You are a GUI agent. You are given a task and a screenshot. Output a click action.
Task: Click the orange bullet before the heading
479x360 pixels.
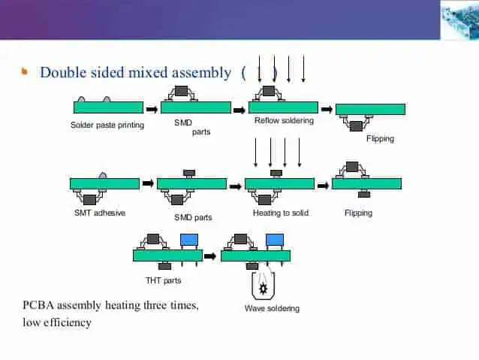coord(25,72)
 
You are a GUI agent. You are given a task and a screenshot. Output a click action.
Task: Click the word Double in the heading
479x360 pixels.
coord(61,73)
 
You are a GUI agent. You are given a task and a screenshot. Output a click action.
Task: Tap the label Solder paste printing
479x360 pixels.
coord(107,126)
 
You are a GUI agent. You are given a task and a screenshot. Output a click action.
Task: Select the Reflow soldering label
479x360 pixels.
coord(284,120)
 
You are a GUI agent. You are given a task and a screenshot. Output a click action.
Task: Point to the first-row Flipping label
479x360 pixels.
coord(380,139)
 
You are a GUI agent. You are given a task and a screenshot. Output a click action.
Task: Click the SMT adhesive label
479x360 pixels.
coord(99,213)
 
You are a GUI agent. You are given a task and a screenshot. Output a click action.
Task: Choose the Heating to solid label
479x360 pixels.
coord(280,213)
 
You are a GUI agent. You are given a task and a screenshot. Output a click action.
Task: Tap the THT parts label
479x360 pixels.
coord(163,280)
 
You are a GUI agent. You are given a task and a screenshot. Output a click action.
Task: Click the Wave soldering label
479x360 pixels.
coord(272,308)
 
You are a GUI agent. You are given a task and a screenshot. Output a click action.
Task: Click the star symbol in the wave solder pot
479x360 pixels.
coord(264,289)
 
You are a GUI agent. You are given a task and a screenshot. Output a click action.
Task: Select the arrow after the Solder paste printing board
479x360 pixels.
coord(152,109)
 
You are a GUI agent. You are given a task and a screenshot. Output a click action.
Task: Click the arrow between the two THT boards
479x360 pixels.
coord(210,256)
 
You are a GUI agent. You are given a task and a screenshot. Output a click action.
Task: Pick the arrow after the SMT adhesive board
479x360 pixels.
coord(148,183)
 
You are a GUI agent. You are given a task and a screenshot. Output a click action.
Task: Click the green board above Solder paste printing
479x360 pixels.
coord(108,107)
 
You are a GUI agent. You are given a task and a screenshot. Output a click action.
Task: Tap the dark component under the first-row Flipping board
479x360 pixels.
coord(356,126)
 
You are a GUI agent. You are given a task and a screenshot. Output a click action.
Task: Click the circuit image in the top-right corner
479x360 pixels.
coord(459,20)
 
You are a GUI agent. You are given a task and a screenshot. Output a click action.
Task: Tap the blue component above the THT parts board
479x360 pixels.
coord(189,240)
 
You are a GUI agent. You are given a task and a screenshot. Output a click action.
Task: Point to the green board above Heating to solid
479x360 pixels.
coord(279,183)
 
